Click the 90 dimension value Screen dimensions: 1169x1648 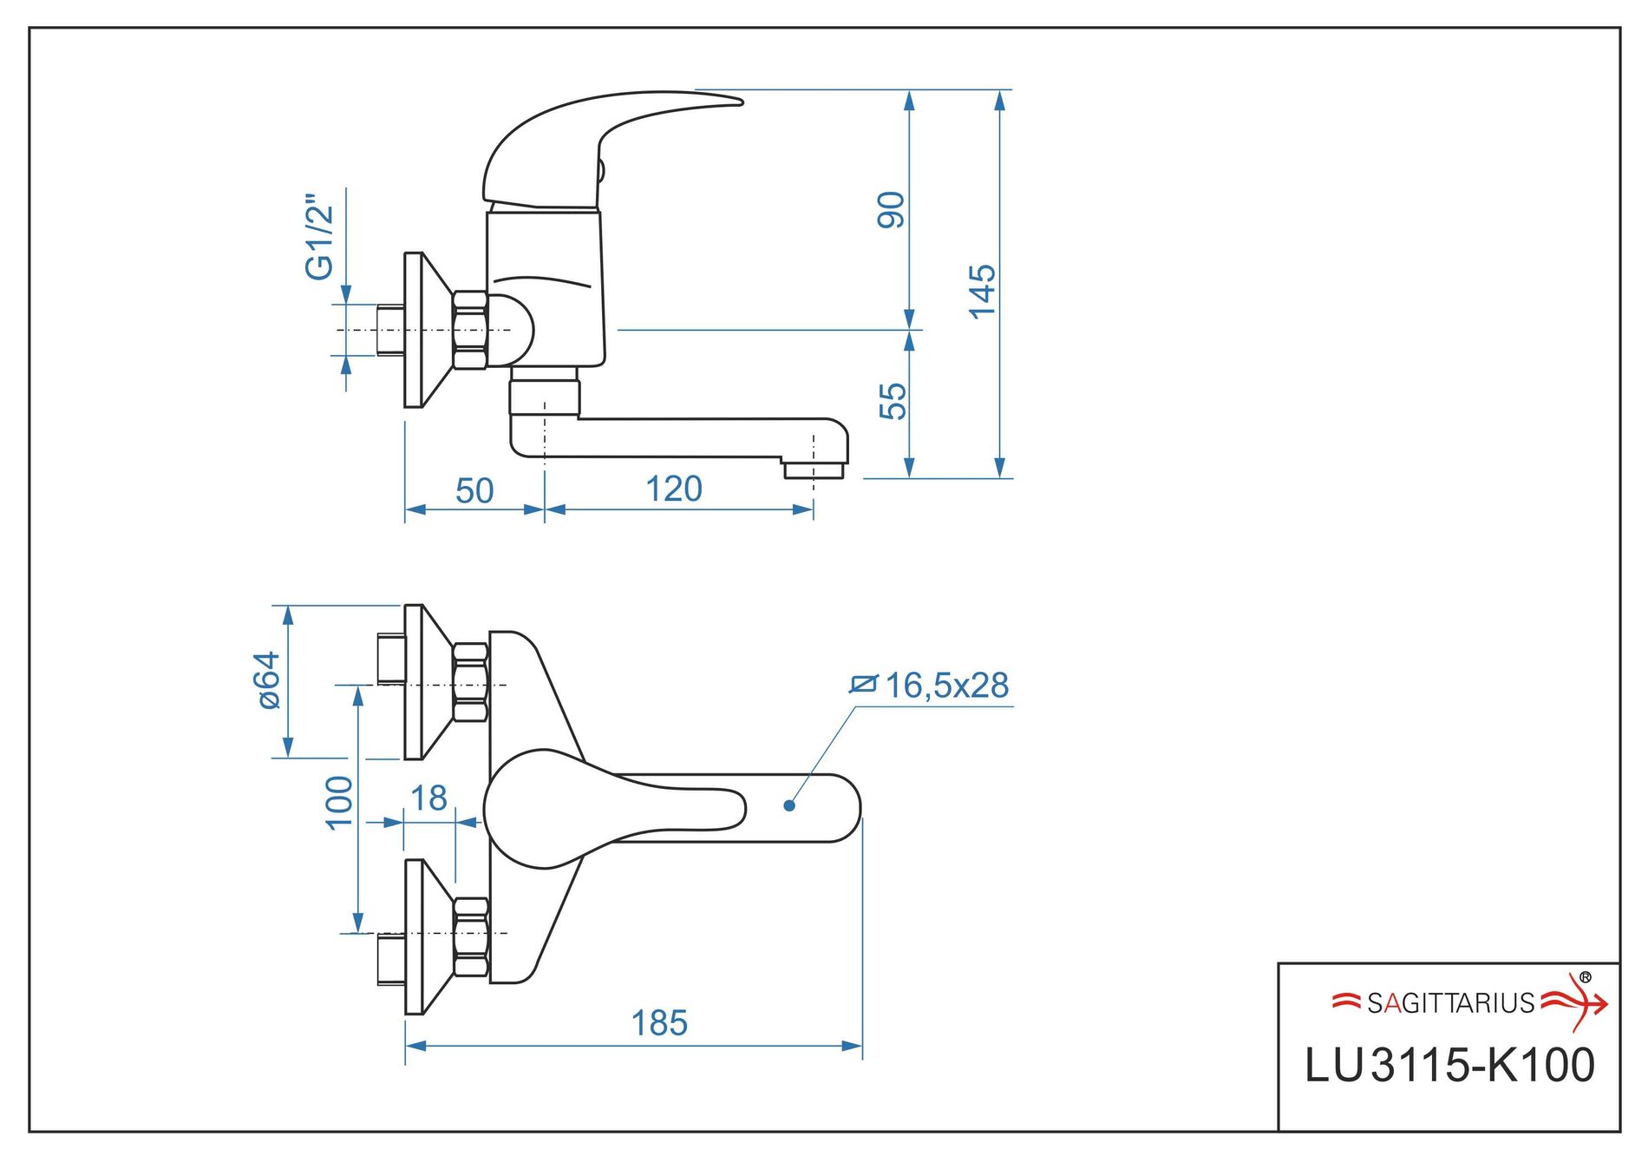pos(891,210)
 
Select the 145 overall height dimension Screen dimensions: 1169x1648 pos(982,292)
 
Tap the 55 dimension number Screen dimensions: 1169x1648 pos(893,401)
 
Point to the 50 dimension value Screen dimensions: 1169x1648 pos(474,491)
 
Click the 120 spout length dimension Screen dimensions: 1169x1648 pos(674,489)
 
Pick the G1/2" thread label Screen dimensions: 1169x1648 pos(319,237)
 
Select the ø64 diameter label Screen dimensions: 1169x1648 pos(270,680)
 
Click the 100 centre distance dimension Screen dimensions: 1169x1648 pos(339,803)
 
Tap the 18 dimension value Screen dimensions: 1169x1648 pos(428,798)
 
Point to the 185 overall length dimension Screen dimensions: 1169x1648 pos(659,1023)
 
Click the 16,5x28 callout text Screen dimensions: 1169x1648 pos(946,686)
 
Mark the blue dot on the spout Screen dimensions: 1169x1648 pos(789,805)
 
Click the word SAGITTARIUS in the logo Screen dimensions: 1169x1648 pos(1450,1003)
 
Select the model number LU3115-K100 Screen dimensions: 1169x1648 pos(1449,1065)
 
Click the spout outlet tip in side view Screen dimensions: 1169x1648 pos(813,470)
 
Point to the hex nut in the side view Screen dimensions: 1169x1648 pos(469,331)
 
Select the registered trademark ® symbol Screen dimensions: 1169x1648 pos(1586,977)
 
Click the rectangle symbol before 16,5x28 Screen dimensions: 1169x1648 pos(863,685)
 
